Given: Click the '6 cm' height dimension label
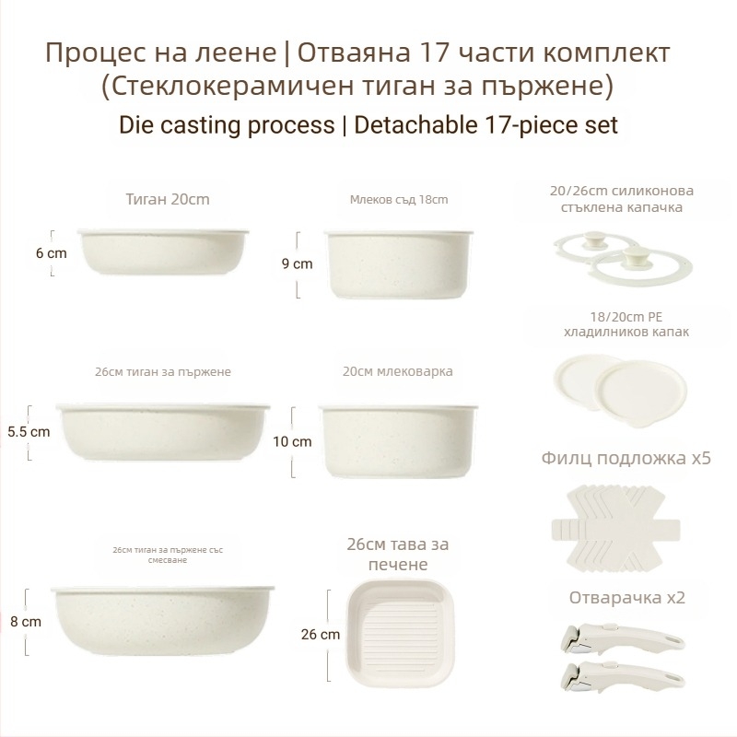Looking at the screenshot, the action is tap(52, 253).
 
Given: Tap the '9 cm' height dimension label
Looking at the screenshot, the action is tap(297, 263).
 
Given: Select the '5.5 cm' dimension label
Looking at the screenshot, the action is tap(29, 431).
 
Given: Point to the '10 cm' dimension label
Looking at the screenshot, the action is tap(292, 441).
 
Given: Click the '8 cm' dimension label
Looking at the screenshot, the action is tap(26, 621).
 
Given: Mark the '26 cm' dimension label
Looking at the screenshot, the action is tap(320, 634).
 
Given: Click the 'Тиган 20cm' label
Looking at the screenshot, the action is tap(168, 199).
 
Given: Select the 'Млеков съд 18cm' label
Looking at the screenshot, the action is tap(399, 199).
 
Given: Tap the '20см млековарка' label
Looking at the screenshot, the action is tap(398, 371).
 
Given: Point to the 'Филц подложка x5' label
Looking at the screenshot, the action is tap(626, 458).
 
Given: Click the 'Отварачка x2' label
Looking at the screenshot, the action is tap(627, 597).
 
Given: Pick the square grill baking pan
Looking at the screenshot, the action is tap(401, 633).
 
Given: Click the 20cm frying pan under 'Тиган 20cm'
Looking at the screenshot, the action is tap(163, 252).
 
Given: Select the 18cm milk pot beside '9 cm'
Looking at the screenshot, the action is tap(399, 264).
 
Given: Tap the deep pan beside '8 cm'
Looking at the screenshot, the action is tap(163, 620).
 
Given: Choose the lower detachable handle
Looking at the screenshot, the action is tap(622, 676).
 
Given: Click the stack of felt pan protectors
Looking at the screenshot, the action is tap(615, 528).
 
